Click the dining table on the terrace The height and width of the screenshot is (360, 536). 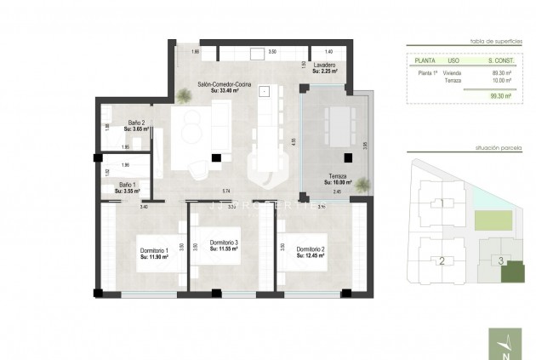point(339,125)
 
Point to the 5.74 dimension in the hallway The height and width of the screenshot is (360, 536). point(227,191)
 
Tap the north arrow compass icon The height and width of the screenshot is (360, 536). point(508,345)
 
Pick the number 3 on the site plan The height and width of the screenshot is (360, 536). point(501,261)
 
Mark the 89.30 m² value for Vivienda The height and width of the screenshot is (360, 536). point(500,73)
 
